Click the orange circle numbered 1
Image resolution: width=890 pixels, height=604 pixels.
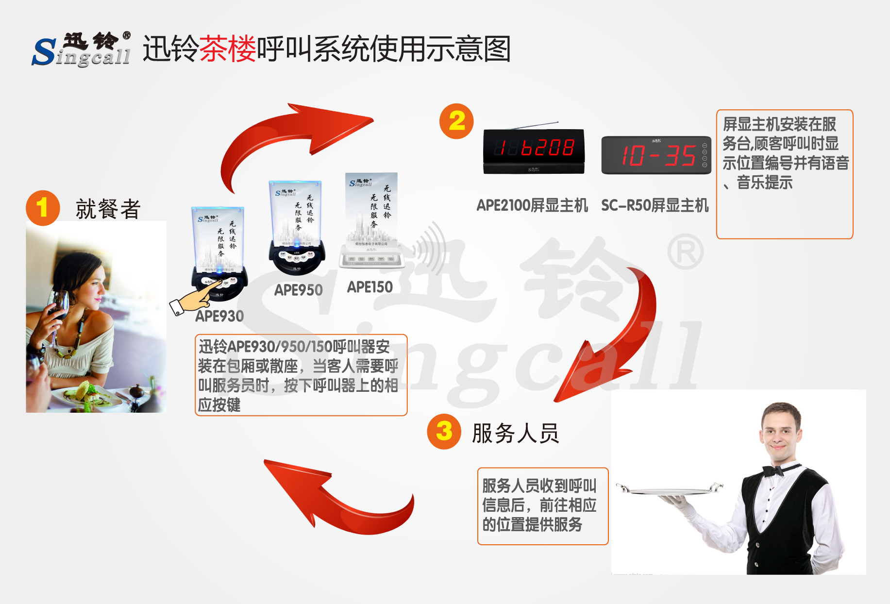click(43, 208)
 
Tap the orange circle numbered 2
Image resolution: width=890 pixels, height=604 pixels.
click(456, 121)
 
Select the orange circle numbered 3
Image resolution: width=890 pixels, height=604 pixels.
click(444, 431)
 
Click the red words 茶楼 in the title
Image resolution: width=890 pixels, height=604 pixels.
click(227, 49)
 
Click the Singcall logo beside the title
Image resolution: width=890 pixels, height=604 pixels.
click(82, 50)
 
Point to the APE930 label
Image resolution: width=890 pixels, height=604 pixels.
click(219, 316)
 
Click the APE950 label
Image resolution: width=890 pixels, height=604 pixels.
click(298, 290)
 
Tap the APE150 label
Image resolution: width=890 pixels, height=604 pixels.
click(369, 287)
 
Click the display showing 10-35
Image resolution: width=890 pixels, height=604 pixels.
click(656, 155)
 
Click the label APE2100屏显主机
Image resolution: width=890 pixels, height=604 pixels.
click(532, 205)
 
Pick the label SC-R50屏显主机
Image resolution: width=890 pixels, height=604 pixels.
click(655, 205)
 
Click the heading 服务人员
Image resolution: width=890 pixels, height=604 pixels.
click(515, 433)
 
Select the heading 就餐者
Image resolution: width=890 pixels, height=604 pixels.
click(108, 209)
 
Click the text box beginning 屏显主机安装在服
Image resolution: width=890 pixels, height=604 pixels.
click(784, 174)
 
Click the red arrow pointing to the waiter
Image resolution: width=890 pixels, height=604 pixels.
click(617, 340)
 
